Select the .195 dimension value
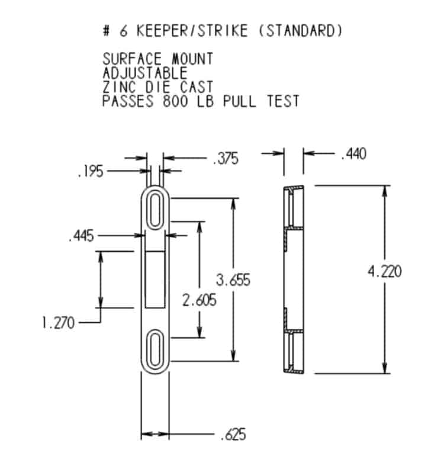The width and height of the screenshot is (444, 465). [90, 172]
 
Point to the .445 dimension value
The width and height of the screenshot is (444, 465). [81, 236]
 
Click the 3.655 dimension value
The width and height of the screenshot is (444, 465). [233, 280]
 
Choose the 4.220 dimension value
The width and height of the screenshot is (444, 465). [385, 272]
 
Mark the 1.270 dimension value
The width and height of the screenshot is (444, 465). [58, 323]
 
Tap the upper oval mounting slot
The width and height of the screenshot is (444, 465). [155, 209]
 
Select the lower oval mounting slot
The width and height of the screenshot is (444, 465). [155, 349]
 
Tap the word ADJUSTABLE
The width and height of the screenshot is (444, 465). [145, 73]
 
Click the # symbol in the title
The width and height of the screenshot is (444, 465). [107, 31]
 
